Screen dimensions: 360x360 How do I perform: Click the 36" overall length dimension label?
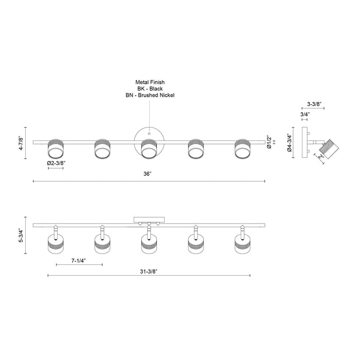(x=148, y=174)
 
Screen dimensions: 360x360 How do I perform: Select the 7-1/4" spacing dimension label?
(x=79, y=260)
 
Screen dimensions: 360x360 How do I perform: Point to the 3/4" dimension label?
(x=305, y=114)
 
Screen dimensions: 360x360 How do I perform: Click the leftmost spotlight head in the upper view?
(x=55, y=149)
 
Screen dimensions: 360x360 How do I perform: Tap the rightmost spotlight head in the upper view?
(x=242, y=149)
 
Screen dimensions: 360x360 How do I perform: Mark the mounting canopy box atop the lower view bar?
(x=149, y=220)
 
